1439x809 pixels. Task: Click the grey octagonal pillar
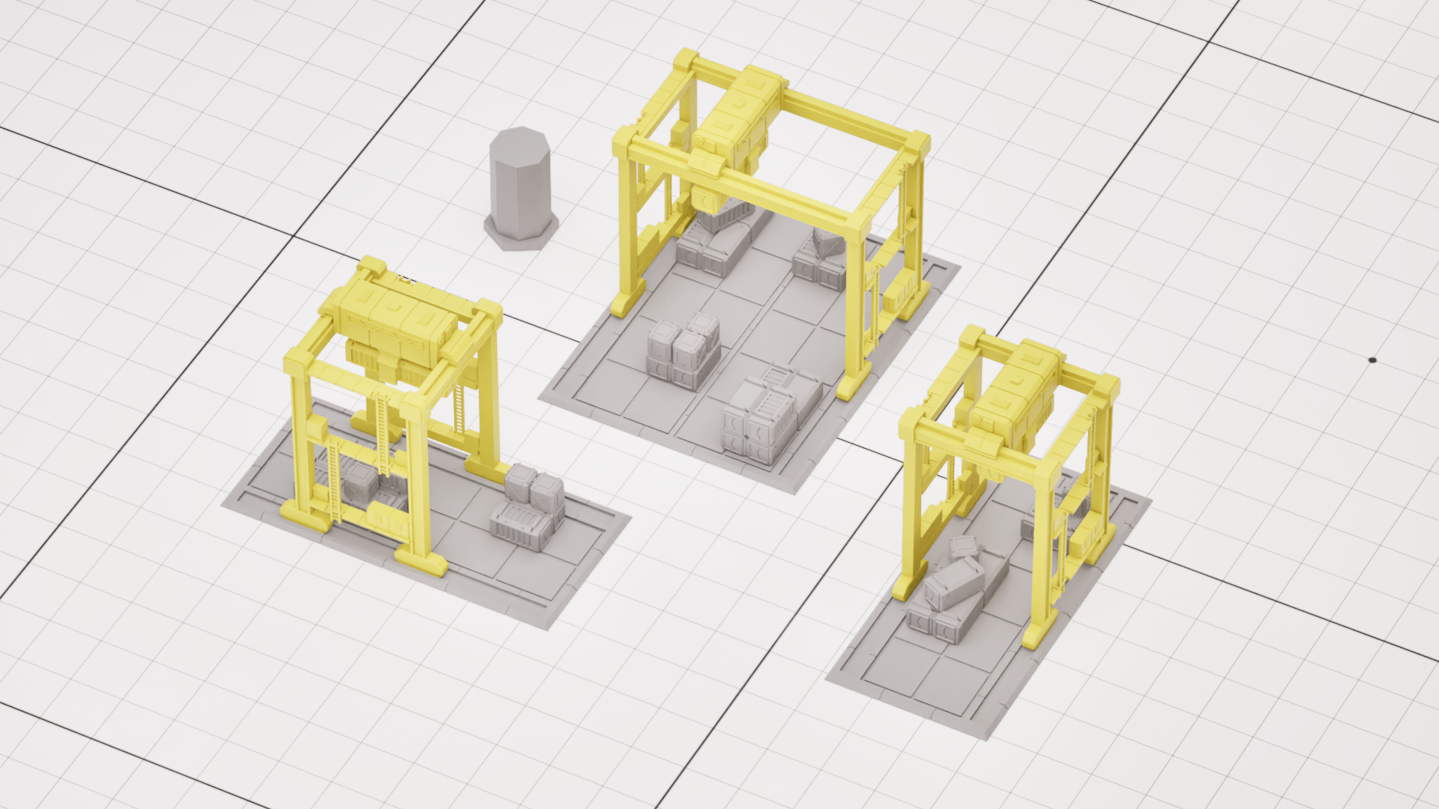(520, 187)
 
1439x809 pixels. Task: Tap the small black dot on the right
(1372, 360)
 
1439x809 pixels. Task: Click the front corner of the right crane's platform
(988, 738)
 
